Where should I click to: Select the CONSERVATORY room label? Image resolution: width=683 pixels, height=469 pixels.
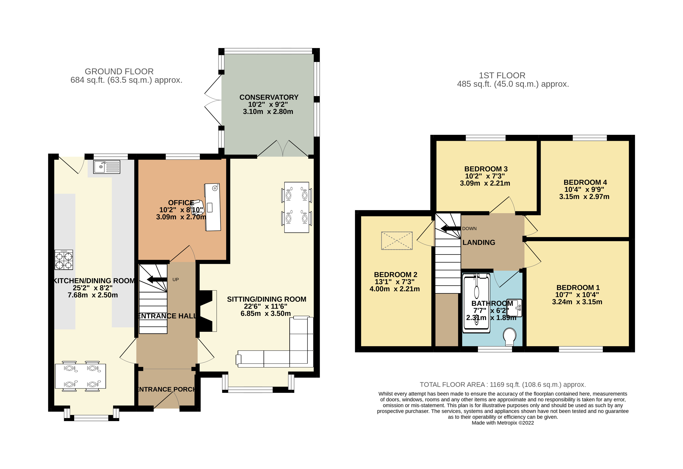click(x=269, y=97)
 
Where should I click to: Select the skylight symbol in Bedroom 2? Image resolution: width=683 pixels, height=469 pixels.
click(x=397, y=241)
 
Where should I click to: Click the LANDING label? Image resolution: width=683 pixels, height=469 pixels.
click(x=479, y=242)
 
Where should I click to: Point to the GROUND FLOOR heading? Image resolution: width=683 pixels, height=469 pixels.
click(x=119, y=71)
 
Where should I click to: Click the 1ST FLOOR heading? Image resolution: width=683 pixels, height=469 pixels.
click(x=502, y=76)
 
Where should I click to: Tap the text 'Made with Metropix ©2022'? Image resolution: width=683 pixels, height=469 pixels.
click(x=503, y=423)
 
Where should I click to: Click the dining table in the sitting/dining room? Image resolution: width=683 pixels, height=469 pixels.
click(x=296, y=207)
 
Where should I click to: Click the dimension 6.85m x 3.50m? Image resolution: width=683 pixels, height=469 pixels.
click(x=266, y=314)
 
